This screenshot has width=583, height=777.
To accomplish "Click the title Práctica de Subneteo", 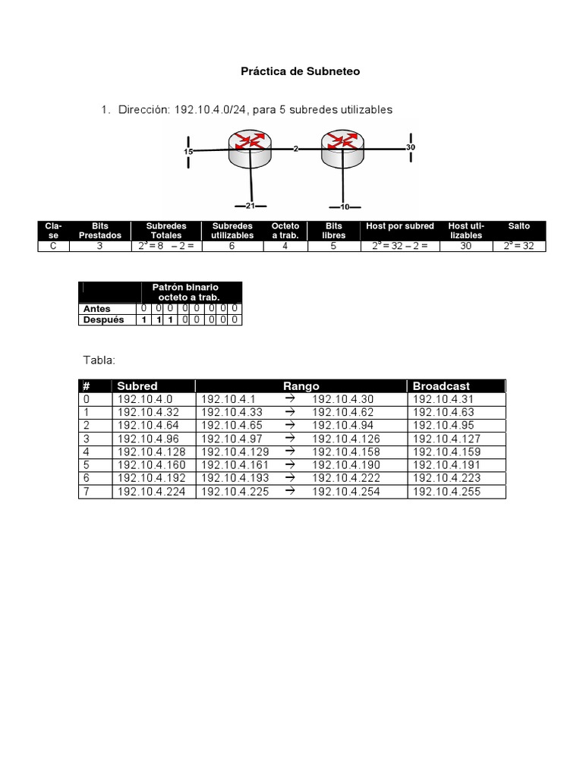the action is click(300, 72).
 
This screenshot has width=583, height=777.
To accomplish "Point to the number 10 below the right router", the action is click(345, 206).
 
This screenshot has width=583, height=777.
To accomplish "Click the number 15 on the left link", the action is click(188, 152).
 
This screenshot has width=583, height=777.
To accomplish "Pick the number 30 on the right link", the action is click(411, 146).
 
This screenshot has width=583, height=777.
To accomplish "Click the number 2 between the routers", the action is click(296, 149).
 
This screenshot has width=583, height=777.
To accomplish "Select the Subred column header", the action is click(137, 386).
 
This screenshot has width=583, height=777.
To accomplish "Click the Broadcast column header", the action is click(441, 386).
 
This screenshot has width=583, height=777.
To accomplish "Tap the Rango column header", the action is click(301, 386).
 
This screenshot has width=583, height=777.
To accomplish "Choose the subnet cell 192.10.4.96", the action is click(145, 439).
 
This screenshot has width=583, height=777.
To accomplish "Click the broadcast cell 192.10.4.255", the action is click(446, 492).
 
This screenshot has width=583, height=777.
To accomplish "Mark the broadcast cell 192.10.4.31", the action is click(443, 399).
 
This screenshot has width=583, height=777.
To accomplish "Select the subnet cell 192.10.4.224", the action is click(148, 492).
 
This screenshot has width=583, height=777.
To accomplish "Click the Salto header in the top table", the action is click(519, 226).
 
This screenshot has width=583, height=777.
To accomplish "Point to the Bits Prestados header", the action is click(100, 231).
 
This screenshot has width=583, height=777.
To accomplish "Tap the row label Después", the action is click(102, 320).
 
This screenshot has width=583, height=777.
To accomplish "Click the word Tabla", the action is click(99, 360).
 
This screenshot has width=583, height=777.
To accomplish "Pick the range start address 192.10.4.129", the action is click(232, 452).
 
